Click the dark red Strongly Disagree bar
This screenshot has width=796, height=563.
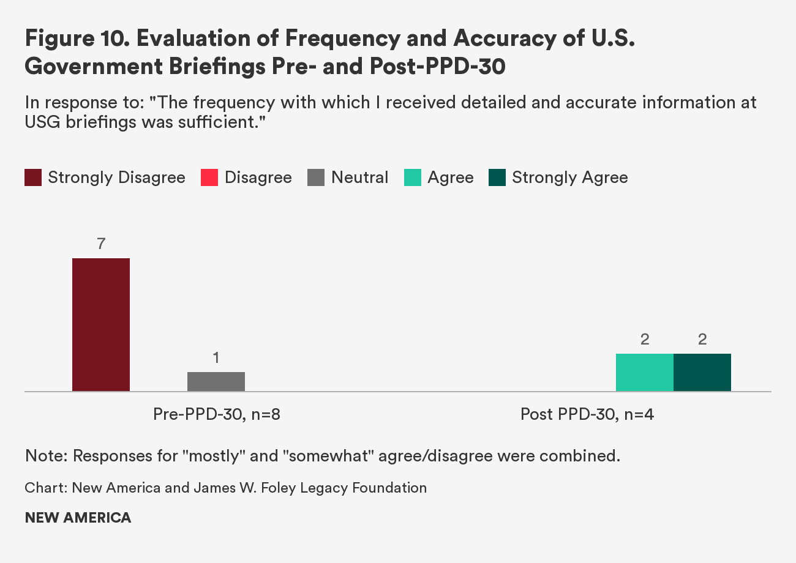pyautogui.click(x=101, y=324)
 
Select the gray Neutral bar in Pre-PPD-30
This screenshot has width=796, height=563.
pyautogui.click(x=216, y=381)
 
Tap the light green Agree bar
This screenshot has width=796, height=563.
pyautogui.click(x=644, y=372)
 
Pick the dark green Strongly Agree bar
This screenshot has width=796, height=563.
pyautogui.click(x=702, y=372)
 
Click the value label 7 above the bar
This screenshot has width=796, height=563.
pyautogui.click(x=101, y=244)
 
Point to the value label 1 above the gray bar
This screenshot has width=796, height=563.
pyautogui.click(x=216, y=357)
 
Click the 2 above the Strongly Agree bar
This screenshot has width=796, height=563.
pyautogui.click(x=702, y=339)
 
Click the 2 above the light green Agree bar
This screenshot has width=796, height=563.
pyautogui.click(x=644, y=339)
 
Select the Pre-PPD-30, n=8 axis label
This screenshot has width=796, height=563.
pyautogui.click(x=216, y=414)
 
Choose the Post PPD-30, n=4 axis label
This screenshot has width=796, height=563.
pyautogui.click(x=587, y=414)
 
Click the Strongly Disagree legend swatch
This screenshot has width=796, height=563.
pyautogui.click(x=33, y=177)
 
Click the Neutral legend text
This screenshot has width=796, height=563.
pyautogui.click(x=359, y=177)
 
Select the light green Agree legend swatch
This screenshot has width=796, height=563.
pyautogui.click(x=413, y=177)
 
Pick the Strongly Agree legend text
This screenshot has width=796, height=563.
pyautogui.click(x=569, y=177)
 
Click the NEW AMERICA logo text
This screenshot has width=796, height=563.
pyautogui.click(x=78, y=518)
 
